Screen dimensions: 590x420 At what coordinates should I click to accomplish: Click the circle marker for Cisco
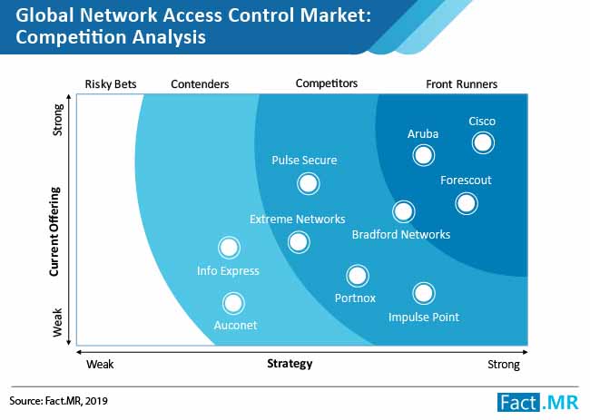483,143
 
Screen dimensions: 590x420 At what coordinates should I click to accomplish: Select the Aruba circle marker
424,155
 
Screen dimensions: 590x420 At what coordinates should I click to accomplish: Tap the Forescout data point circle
467,203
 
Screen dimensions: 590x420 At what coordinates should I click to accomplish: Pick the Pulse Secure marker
309,183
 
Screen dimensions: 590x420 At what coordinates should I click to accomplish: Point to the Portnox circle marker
358,276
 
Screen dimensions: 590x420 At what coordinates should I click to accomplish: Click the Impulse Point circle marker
424,293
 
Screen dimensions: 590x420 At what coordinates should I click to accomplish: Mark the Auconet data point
233,304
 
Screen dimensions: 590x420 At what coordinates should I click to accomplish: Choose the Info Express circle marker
229,248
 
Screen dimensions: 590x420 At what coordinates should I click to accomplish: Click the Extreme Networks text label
297,220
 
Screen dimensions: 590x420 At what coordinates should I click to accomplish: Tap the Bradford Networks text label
401,235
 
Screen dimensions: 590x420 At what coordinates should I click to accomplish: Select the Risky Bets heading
111,83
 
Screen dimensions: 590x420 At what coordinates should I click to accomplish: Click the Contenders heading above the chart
200,83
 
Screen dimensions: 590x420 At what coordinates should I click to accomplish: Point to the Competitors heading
327,83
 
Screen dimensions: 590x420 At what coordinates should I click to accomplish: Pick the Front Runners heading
462,83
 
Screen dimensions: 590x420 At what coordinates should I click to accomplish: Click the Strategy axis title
290,364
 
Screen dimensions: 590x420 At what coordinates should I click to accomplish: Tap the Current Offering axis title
55,231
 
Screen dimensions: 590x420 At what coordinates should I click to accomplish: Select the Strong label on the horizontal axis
504,365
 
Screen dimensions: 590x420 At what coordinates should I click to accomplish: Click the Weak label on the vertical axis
57,323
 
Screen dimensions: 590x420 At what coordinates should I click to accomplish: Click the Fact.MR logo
537,403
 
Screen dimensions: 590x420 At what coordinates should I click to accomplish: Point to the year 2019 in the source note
96,401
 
